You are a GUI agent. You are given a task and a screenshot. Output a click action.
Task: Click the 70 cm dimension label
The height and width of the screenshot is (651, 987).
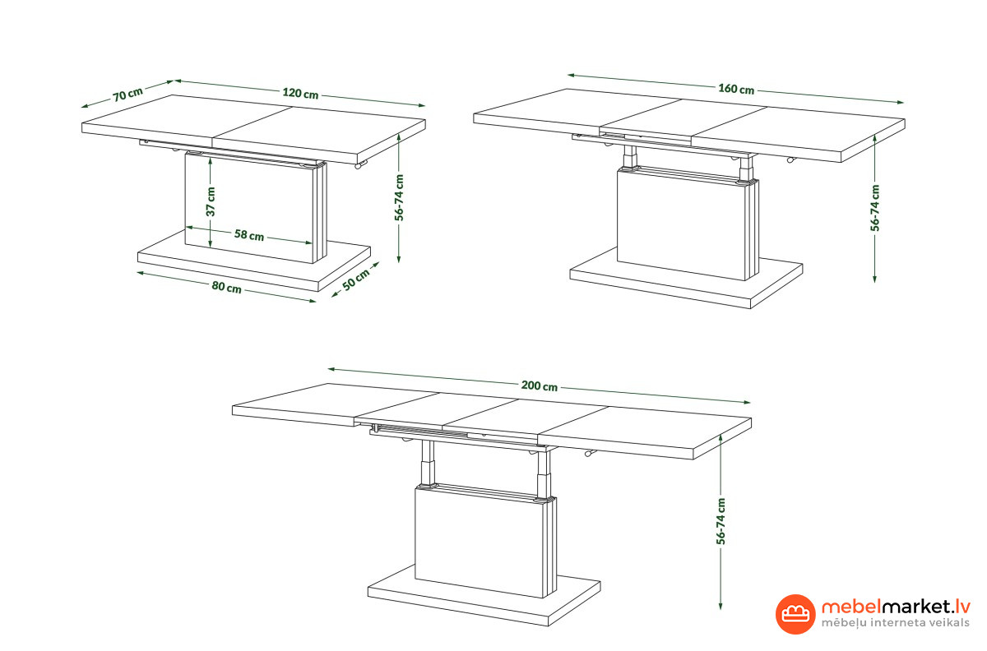pos(127,95)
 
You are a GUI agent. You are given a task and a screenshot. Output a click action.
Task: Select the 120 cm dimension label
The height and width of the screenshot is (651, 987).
pos(300,94)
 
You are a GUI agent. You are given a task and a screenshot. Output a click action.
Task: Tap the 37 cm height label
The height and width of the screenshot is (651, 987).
pos(211,201)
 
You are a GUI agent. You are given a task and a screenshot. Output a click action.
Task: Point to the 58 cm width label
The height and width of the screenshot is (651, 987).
pos(249,235)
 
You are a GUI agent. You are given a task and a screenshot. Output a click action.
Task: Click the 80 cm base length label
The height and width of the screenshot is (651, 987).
pos(226,287)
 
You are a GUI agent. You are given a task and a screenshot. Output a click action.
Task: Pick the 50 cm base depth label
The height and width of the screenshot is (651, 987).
pos(356,279)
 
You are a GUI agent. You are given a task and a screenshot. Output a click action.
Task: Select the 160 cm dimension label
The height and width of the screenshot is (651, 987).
pos(736,89)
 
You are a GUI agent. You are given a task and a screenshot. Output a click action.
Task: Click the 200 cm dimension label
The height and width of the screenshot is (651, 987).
pos(540,386)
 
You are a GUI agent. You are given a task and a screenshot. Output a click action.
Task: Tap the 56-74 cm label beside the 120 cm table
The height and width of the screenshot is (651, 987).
pos(399,197)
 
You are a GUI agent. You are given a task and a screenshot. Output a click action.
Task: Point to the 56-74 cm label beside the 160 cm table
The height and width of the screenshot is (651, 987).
pos(875,208)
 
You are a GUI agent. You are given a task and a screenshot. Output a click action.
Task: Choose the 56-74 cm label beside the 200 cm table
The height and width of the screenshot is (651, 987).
pos(721,521)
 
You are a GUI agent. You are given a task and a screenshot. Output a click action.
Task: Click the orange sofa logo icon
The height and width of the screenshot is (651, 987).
pos(795,614)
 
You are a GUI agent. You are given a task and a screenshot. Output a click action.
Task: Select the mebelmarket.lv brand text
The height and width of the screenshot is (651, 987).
pos(896,607)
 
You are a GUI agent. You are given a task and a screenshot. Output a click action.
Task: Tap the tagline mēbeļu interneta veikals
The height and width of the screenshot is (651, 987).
pos(896,623)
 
